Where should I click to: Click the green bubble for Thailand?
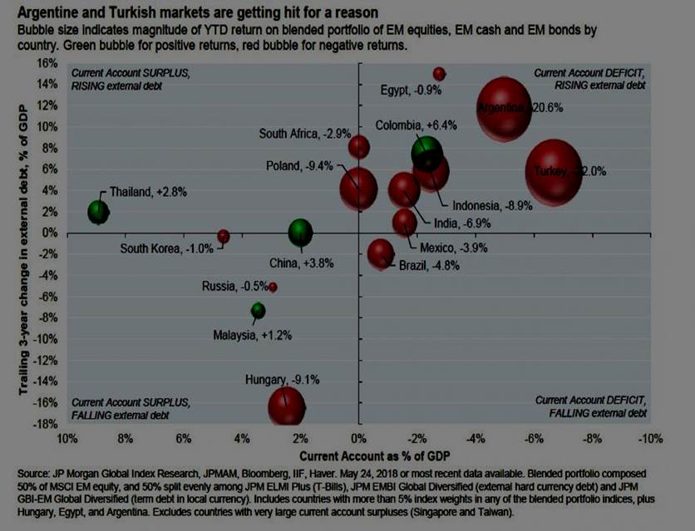coord(99,211)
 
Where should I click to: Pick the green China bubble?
coord(300,234)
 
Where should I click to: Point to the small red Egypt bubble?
coord(439,74)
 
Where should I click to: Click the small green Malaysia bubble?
coord(259,311)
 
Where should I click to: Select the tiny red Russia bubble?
coord(273,287)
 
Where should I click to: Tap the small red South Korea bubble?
coord(223,237)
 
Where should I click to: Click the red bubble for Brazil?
coord(380,253)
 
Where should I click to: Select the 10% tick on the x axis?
coord(67,438)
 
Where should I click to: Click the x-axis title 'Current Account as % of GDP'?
coord(362,455)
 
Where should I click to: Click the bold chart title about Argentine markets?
coord(187,13)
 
